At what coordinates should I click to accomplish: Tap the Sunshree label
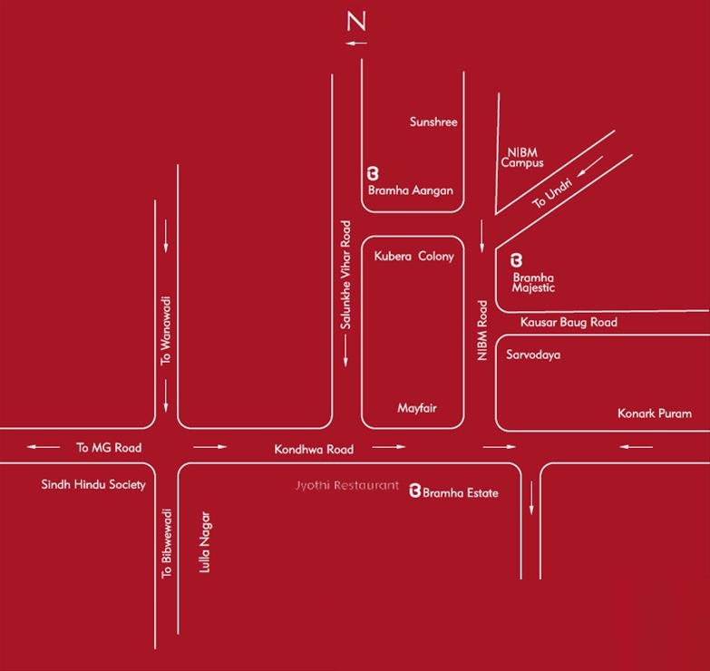coord(433,122)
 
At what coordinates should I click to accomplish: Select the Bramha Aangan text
coord(410,190)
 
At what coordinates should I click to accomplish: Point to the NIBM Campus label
coord(522,156)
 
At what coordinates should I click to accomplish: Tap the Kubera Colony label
coord(413,257)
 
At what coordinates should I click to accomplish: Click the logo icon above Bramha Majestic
coord(518,259)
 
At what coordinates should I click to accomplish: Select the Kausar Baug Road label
coord(569,322)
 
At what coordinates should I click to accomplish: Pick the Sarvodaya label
coord(533,355)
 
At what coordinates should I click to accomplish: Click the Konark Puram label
coord(655,413)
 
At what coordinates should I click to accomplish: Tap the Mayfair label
coord(417,408)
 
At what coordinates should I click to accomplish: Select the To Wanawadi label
coord(166,332)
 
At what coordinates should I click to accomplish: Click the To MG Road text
coord(109,447)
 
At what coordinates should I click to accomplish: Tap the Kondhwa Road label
coord(315,449)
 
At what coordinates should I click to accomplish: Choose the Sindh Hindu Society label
coord(93,484)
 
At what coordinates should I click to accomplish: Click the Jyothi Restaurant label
coord(346,486)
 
